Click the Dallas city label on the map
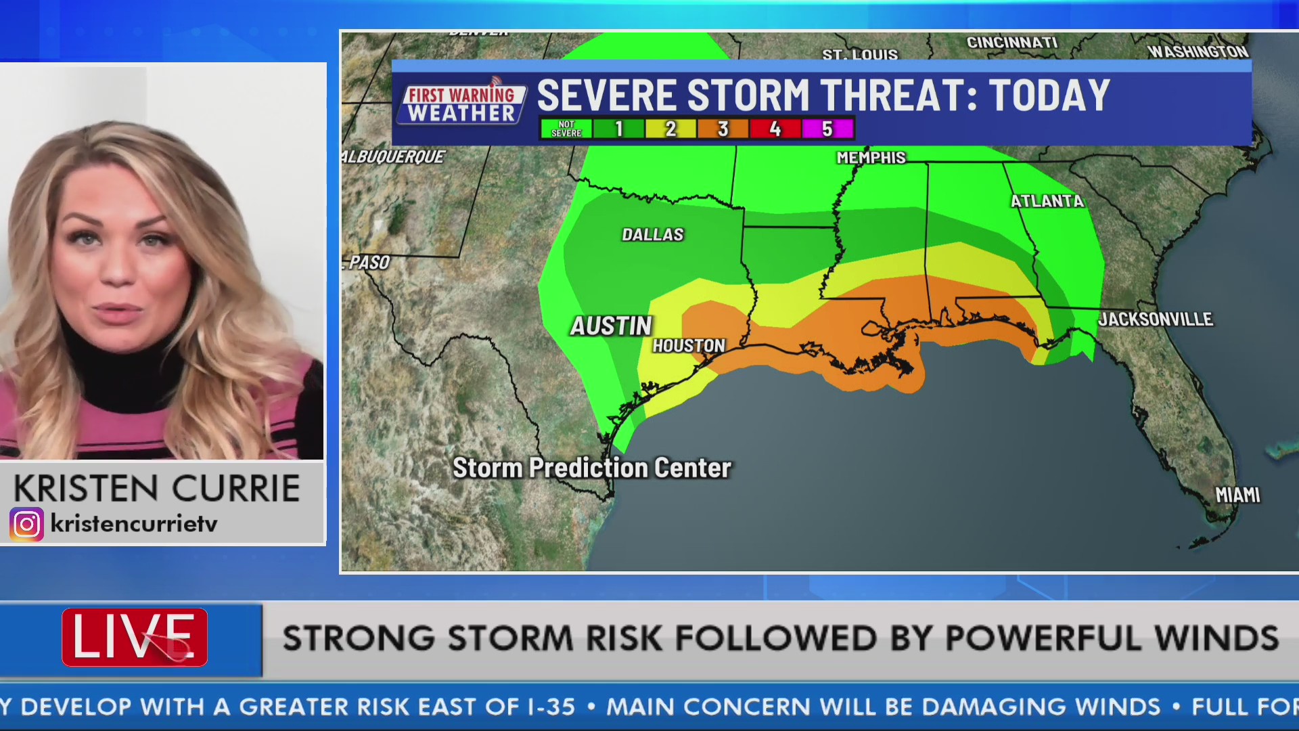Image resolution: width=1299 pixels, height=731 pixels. pos(653,235)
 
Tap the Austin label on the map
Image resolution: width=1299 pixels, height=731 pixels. pos(611,326)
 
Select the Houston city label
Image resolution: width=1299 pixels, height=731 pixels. pos(689,346)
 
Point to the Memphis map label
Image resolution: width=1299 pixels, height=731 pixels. pos(871,158)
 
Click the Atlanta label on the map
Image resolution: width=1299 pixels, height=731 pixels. pos(1047,201)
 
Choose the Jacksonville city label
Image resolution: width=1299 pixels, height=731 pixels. pos(1156,319)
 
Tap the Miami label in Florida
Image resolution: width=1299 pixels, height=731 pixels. pos(1237,495)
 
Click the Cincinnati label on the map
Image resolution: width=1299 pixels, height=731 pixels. pos(1011,43)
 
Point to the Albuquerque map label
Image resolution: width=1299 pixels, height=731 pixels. pos(394,157)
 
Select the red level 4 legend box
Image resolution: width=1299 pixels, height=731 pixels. pos(775,129)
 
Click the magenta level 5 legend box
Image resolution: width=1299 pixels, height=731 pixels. pos(827,129)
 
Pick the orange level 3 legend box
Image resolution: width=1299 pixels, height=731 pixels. pos(723,129)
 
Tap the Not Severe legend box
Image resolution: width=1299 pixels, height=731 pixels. pos(566,129)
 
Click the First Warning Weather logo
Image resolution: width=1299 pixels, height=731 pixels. pos(462,104)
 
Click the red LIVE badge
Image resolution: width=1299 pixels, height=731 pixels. pos(135,637)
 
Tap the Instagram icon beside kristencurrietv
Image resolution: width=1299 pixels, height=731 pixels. pos(27,524)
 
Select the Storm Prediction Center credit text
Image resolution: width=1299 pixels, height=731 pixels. pos(592,468)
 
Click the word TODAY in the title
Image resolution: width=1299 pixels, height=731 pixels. pos(1049,95)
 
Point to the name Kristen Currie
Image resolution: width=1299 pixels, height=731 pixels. pos(156,489)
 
